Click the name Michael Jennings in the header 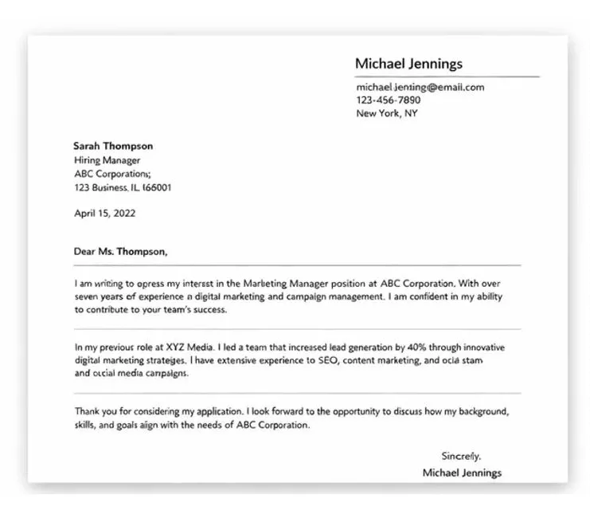[408, 64]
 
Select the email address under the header [420, 87]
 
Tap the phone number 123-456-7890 [389, 100]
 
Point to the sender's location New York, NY [387, 113]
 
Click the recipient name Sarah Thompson [113, 146]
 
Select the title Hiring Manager [107, 160]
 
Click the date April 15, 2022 [104, 213]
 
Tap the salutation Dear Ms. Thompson [121, 251]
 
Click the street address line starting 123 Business [123, 188]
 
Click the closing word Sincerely [461, 457]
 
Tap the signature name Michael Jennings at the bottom [462, 473]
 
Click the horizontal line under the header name [447, 77]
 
